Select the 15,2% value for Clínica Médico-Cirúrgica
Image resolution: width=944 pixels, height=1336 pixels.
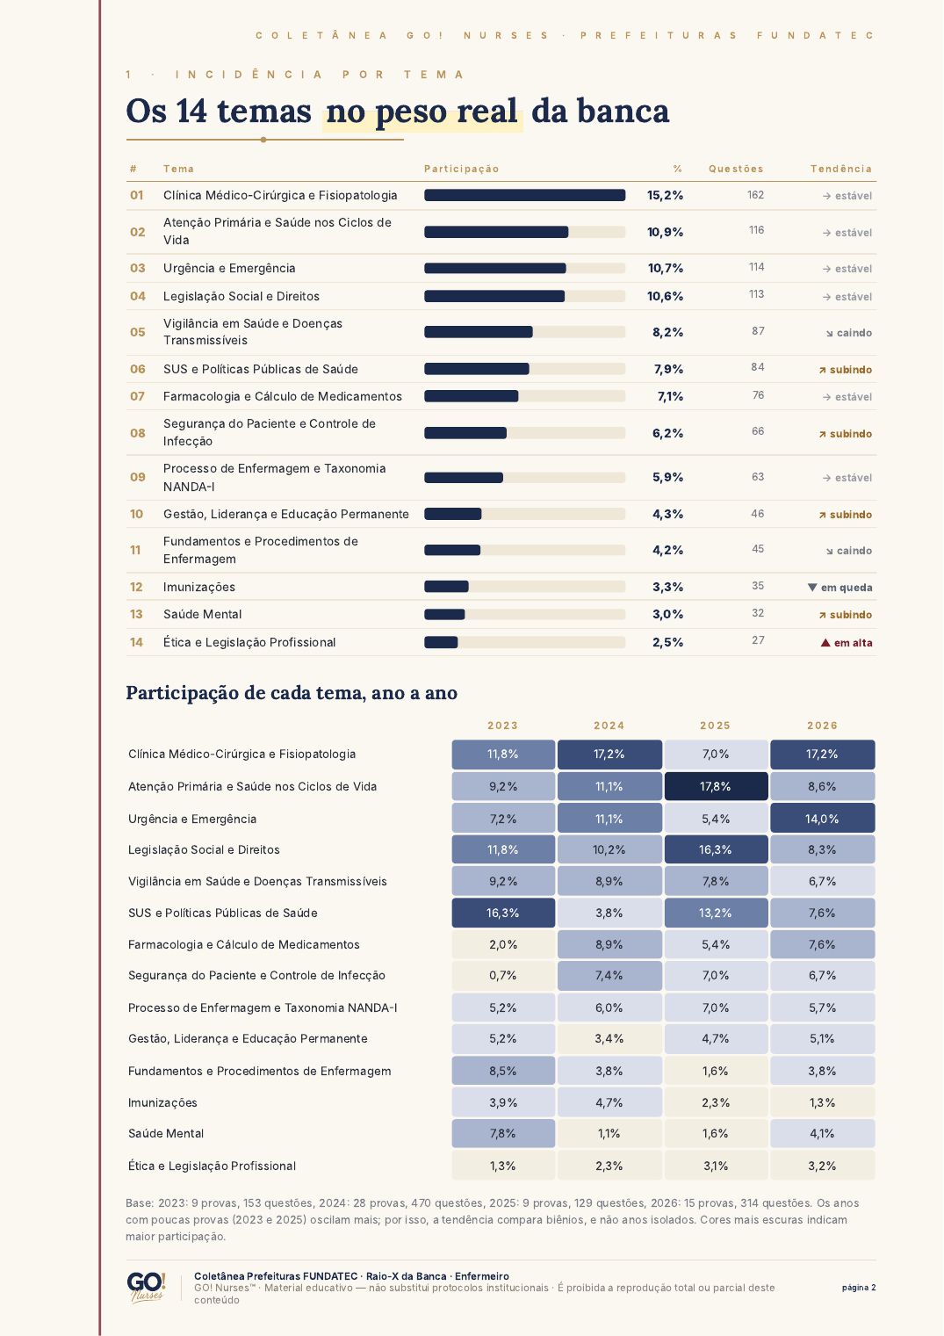pos(665,195)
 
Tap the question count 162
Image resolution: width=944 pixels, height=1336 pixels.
pos(755,195)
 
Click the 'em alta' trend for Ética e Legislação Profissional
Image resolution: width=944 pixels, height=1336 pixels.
pos(847,642)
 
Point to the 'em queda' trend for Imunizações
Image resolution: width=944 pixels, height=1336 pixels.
pos(840,588)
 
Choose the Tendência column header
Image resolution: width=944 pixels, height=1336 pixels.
pos(841,169)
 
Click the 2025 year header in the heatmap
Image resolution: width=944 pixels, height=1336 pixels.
pos(715,726)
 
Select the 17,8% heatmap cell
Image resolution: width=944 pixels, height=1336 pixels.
pos(716,786)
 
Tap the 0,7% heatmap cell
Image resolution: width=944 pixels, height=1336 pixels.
pos(502,975)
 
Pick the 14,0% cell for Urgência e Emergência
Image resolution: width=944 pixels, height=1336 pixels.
pos(822,819)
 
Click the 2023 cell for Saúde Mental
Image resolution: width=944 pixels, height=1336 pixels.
pos(502,1133)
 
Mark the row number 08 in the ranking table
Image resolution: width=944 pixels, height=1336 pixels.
pos(138,433)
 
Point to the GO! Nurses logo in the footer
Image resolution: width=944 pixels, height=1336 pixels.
pos(146,1288)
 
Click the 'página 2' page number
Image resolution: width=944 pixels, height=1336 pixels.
pos(859,1287)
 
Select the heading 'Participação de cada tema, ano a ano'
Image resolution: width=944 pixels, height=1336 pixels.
pos(292,692)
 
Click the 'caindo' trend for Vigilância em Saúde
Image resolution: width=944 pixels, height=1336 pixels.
pos(848,333)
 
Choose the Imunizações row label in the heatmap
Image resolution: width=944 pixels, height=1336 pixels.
pos(162,1102)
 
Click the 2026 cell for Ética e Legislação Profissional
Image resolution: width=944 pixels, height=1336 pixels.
pos(822,1166)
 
